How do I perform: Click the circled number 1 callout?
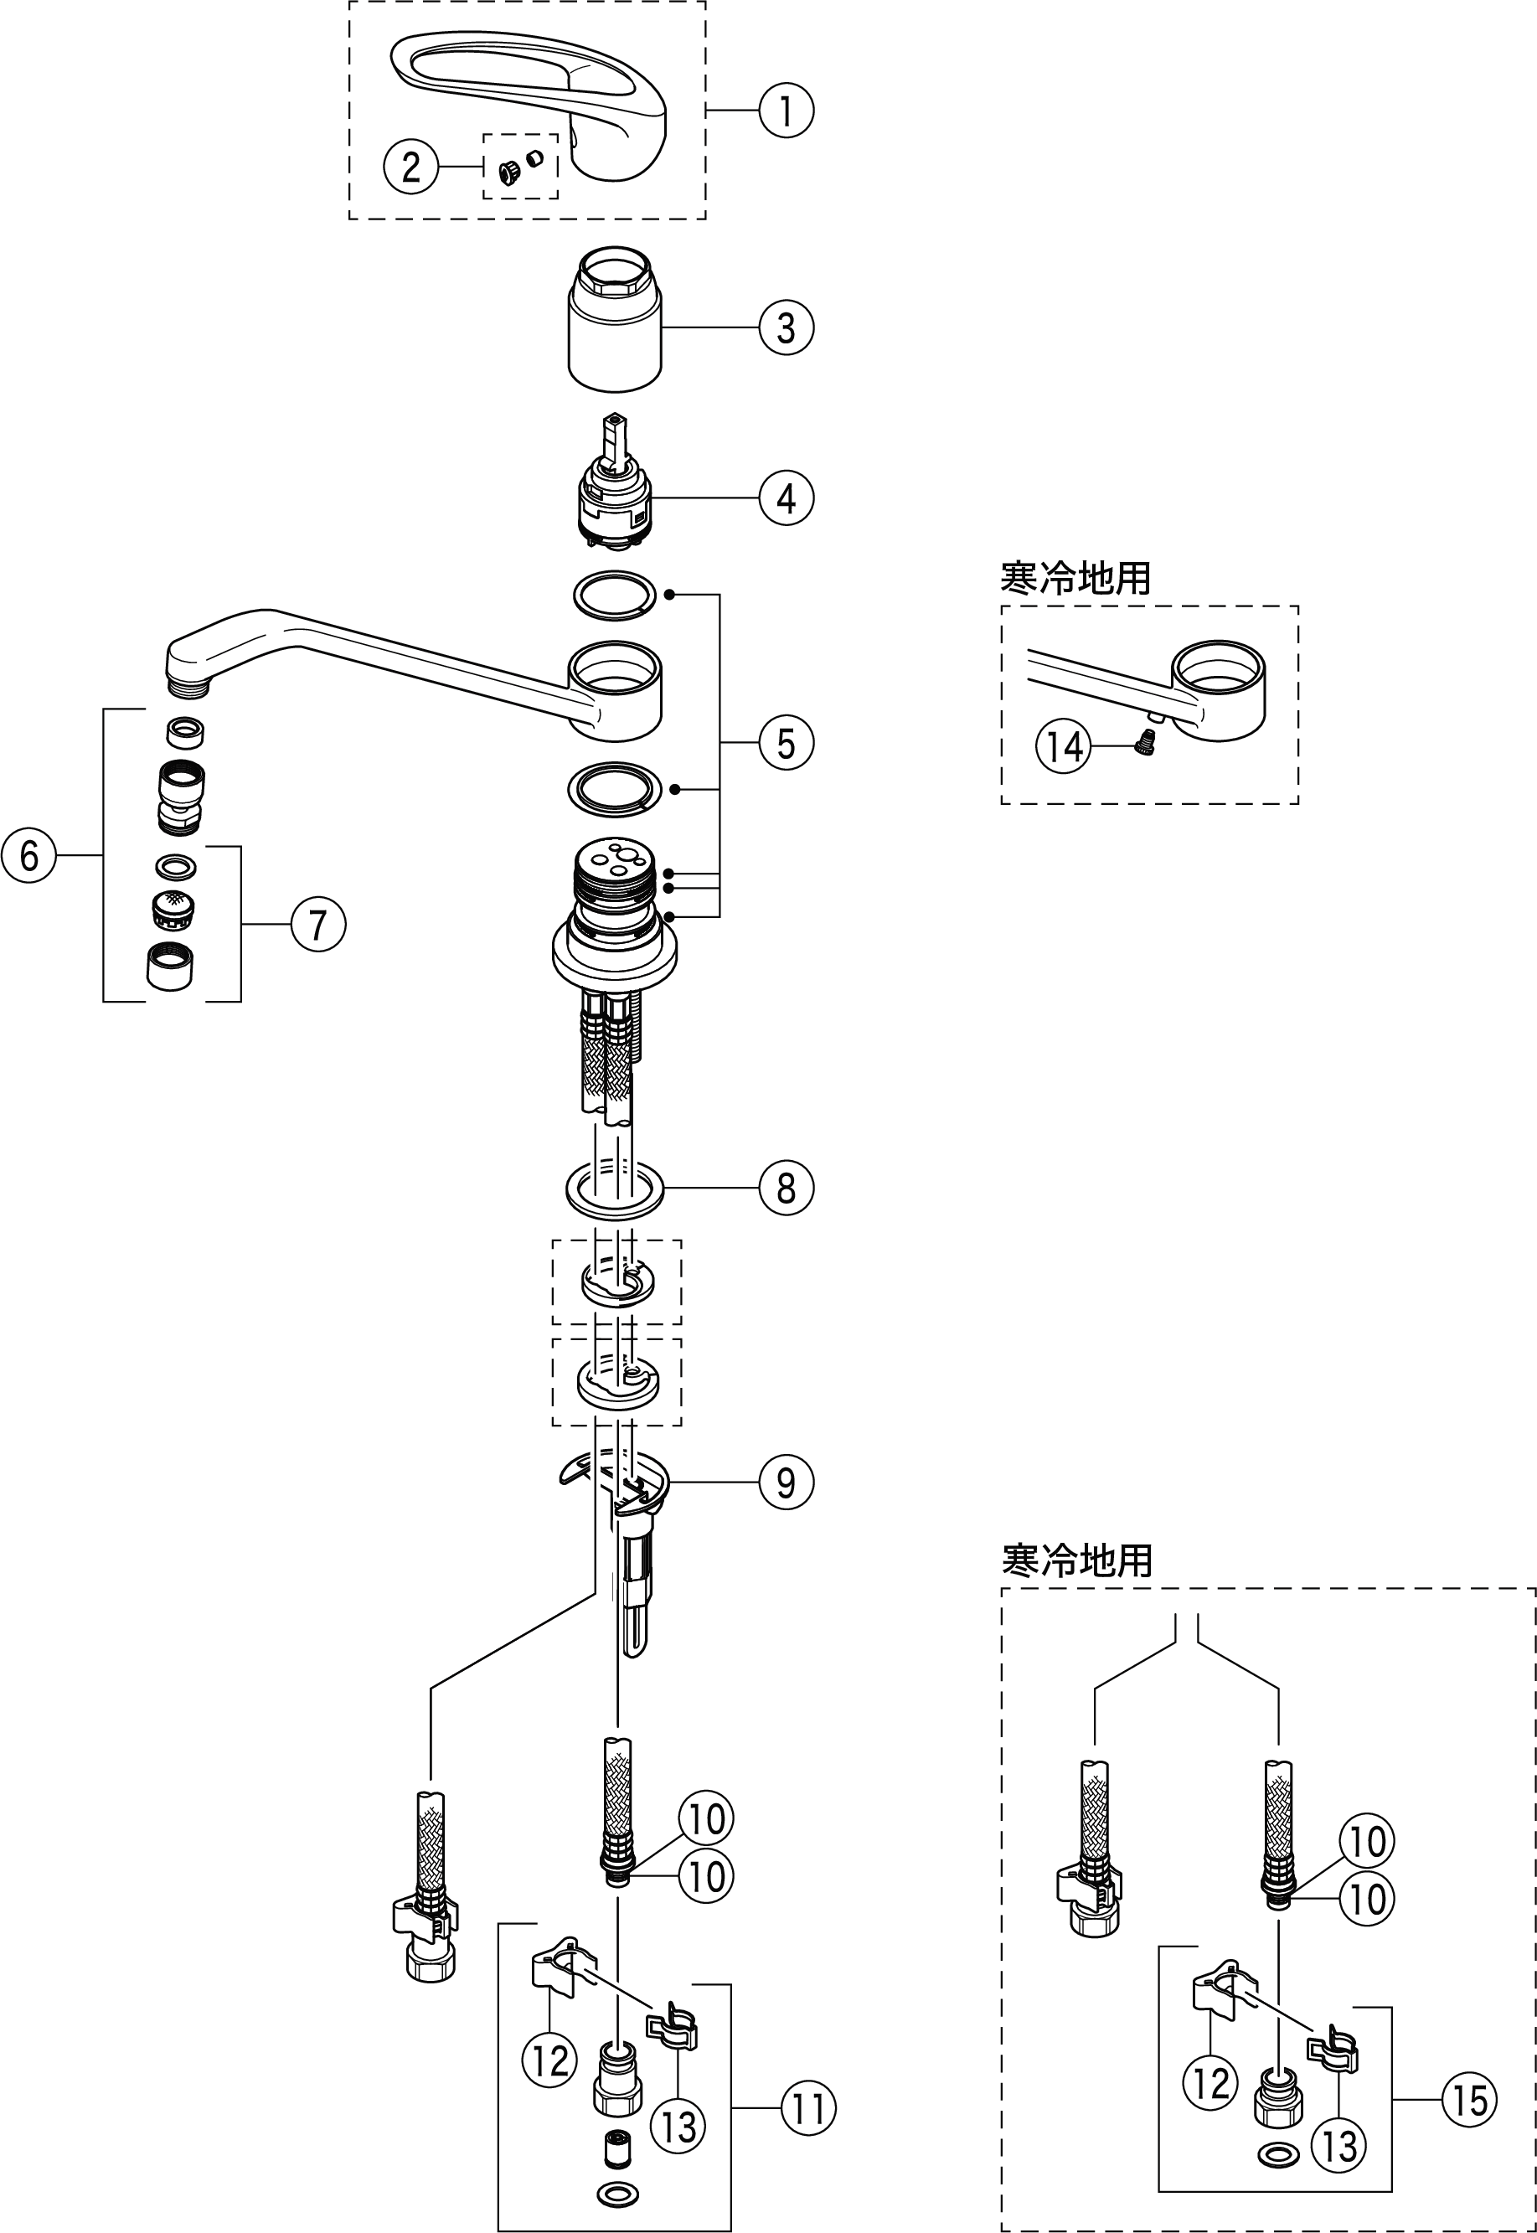pos(786,111)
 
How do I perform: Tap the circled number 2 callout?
pos(411,167)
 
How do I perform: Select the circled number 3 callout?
pos(786,327)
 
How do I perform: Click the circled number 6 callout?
pos(28,854)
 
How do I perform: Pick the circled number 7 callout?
pos(317,925)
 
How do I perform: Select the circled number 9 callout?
pos(786,1482)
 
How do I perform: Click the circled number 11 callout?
pos(808,2108)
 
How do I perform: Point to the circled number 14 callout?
pos(1064,746)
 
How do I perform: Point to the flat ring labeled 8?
pos(616,1191)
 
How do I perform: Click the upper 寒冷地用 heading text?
pos(1075,579)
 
